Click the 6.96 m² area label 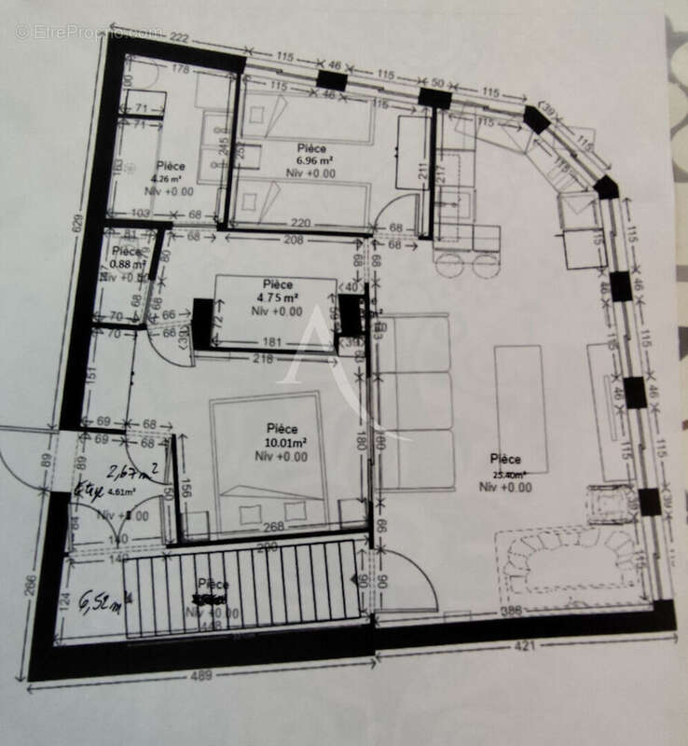311,160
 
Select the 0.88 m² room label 126,265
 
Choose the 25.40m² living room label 507,474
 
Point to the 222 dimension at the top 180,36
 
